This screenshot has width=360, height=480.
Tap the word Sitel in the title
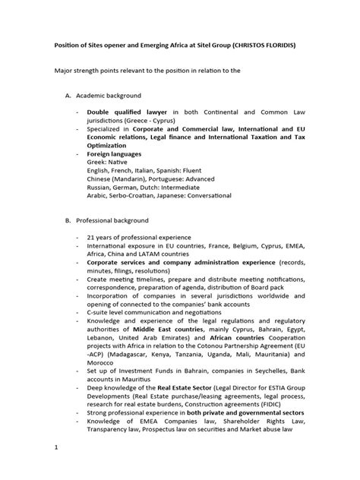(x=196, y=45)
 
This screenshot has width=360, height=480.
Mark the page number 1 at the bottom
(x=56, y=469)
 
